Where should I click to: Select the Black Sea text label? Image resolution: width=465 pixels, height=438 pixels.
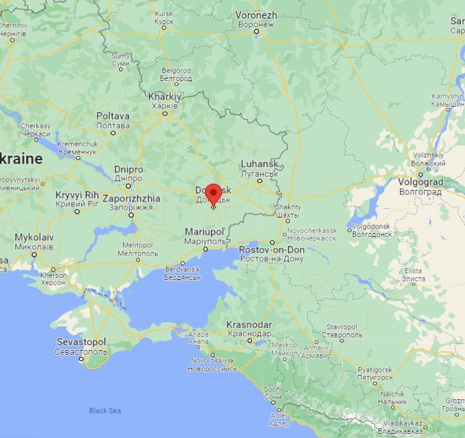coord(106,411)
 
